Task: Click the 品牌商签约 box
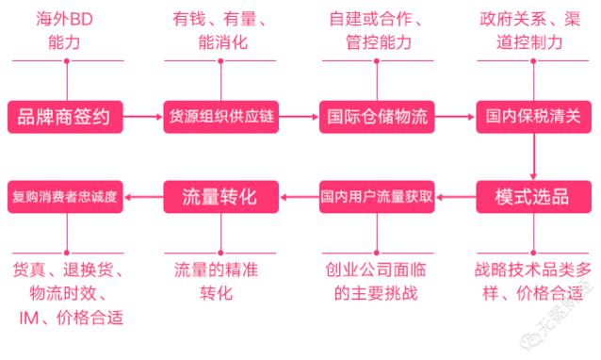coord(65,118)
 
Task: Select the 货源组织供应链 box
coord(221,118)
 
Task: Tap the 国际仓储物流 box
coord(378,118)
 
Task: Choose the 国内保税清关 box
coord(533,118)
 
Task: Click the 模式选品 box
coord(533,196)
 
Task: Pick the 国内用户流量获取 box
coord(378,196)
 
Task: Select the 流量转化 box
coord(221,196)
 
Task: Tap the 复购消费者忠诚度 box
coord(65,196)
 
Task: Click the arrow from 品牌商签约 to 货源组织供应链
coord(143,118)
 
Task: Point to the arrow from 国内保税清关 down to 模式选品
coord(533,156)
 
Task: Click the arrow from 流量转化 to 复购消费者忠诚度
coord(143,196)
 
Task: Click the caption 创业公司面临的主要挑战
coord(378,281)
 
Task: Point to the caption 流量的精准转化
coord(221,281)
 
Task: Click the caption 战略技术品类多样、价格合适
coord(533,281)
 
